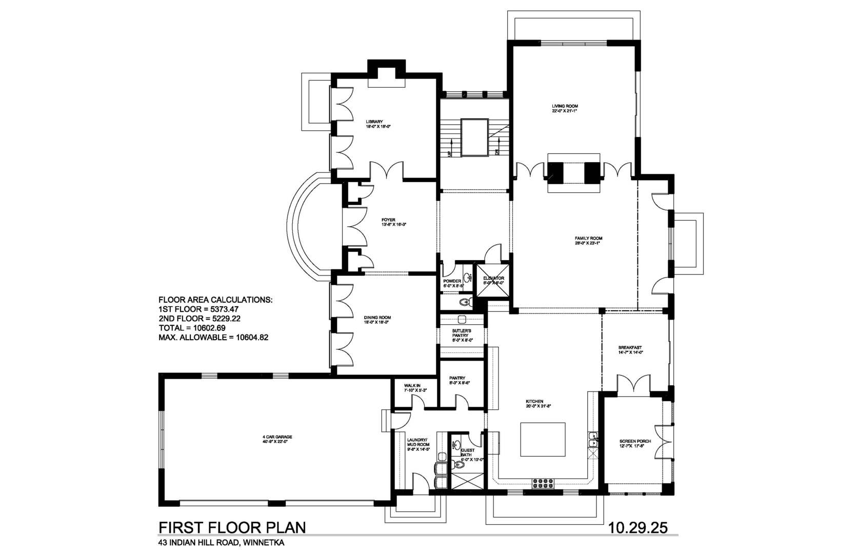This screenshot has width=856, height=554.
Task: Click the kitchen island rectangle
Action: pos(543,440)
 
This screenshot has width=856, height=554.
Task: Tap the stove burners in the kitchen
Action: pos(543,483)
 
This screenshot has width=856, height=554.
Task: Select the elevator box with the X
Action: pos(493,280)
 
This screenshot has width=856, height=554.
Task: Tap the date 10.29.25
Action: pos(638,528)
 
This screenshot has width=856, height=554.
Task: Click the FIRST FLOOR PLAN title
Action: pos(232,528)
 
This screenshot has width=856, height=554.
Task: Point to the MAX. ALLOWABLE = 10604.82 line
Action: pos(213,338)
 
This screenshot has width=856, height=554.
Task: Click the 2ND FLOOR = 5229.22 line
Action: pos(200,319)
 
